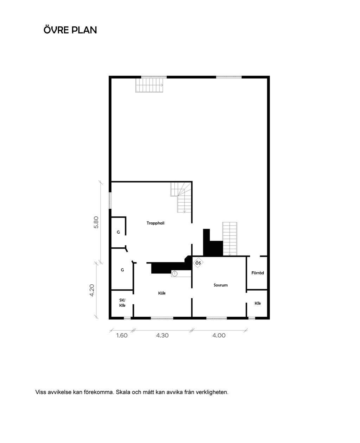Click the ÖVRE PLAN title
pyautogui.click(x=70, y=30)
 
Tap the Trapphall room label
pyautogui.click(x=155, y=223)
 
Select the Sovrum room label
pyautogui.click(x=220, y=285)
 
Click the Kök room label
pyautogui.click(x=162, y=293)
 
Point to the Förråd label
pyautogui.click(x=257, y=273)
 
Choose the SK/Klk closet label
pyautogui.click(x=122, y=303)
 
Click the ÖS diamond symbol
pyautogui.click(x=198, y=263)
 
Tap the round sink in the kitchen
pyautogui.click(x=175, y=273)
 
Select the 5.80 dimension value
pyautogui.click(x=96, y=222)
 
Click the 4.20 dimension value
pyautogui.click(x=92, y=290)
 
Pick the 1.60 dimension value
pyautogui.click(x=122, y=336)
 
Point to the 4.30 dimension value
pyautogui.click(x=162, y=336)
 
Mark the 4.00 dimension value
pyautogui.click(x=219, y=336)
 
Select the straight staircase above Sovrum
pyautogui.click(x=230, y=239)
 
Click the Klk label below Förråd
pyautogui.click(x=258, y=303)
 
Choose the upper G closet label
pyautogui.click(x=118, y=232)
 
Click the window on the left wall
pyautogui.click(x=110, y=200)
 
